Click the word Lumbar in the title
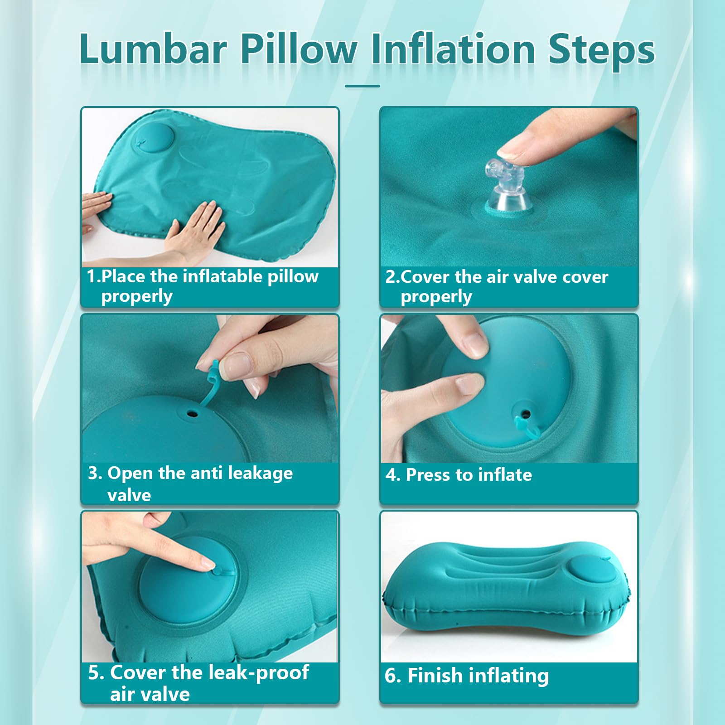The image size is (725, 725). coord(153,48)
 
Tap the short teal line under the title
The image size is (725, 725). coord(362,86)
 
